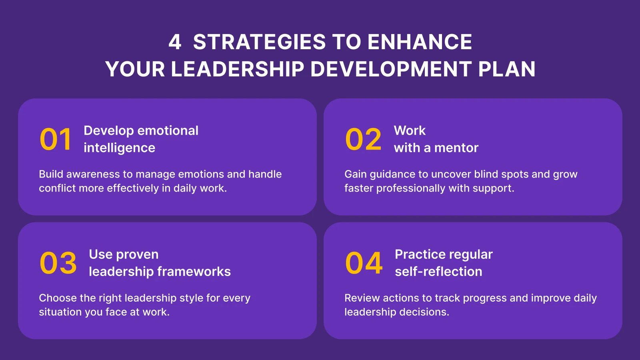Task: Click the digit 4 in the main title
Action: (174, 42)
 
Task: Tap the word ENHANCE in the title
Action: (420, 42)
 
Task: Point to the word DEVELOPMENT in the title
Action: (391, 69)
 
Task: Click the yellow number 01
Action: (56, 140)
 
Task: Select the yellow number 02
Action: (363, 140)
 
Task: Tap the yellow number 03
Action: (58, 263)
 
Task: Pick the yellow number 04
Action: (364, 263)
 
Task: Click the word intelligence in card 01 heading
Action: (119, 148)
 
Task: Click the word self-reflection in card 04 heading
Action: (438, 272)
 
